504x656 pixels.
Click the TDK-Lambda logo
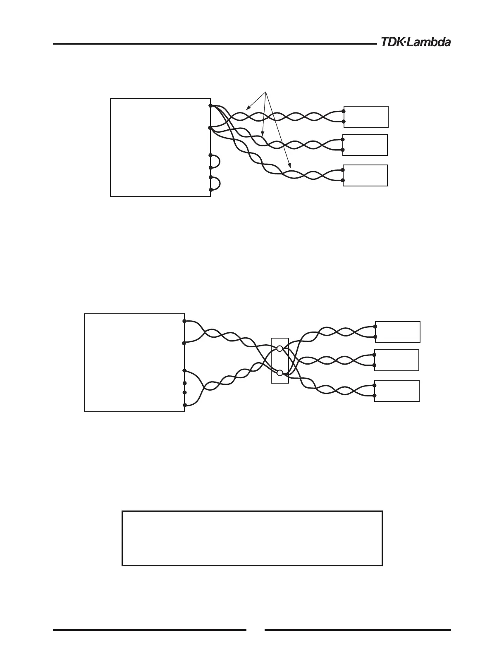coord(415,42)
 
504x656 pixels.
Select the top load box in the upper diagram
coord(366,117)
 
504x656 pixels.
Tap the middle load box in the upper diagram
coord(365,145)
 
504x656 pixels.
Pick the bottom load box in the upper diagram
coord(365,175)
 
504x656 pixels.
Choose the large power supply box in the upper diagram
coord(160,147)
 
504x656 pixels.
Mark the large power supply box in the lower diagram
coord(134,363)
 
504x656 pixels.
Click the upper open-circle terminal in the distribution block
coord(279,349)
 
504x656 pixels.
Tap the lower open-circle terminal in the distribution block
coord(279,373)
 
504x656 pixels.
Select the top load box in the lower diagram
coord(397,332)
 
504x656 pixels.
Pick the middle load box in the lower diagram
coord(397,360)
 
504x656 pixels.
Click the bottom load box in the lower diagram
coord(397,391)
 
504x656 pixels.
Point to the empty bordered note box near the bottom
coord(252,538)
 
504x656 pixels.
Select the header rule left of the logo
coord(213,43)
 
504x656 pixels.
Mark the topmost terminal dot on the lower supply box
coord(184,321)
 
